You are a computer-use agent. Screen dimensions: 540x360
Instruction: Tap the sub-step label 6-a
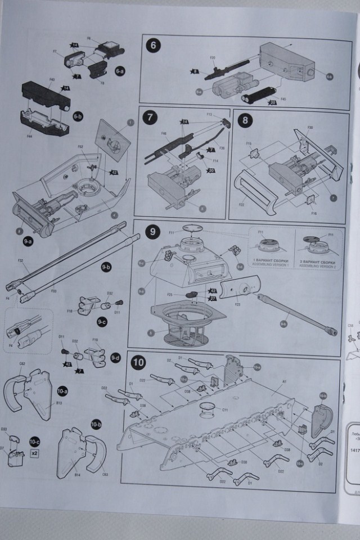[120, 72]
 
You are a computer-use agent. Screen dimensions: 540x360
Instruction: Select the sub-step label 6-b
[78, 116]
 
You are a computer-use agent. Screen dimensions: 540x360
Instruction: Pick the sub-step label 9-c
[101, 323]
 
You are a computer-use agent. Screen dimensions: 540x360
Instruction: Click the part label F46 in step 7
[164, 134]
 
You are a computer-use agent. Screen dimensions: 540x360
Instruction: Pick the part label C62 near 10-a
[23, 364]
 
